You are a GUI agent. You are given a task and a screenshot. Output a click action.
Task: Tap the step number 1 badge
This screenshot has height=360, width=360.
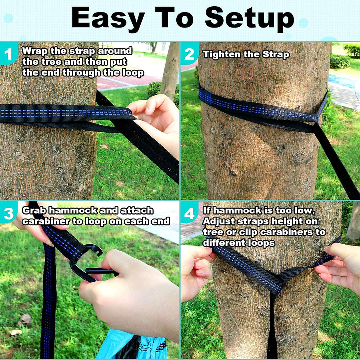8,54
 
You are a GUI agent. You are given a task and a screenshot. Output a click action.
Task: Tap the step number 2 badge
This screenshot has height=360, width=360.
189,54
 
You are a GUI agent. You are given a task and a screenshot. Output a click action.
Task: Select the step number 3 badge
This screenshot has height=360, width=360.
8,213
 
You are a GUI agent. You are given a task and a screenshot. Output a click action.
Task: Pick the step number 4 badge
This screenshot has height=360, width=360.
189,213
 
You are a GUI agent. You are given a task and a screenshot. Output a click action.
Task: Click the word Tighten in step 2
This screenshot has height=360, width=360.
220,55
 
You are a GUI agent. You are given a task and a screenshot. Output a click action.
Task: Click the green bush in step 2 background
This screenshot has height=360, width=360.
340,61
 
